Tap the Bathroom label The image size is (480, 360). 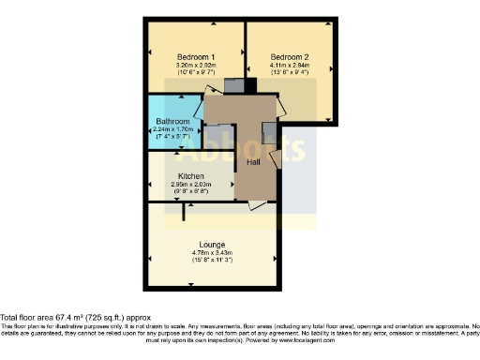pyautogui.click(x=173, y=122)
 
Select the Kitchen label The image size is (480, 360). pyautogui.click(x=192, y=176)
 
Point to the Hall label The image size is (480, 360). pyautogui.click(x=253, y=162)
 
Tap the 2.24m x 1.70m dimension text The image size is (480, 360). pyautogui.click(x=173, y=130)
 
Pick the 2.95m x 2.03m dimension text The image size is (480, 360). pyautogui.click(x=192, y=185)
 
